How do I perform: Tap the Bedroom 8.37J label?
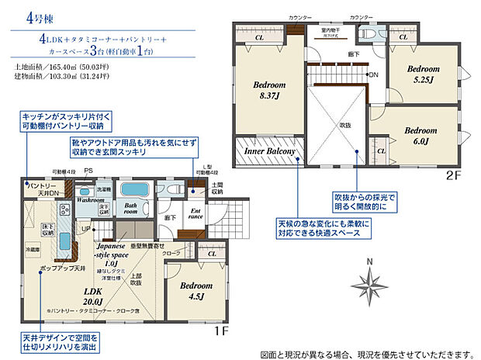coord(269,91)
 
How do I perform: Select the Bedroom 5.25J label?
coord(426,74)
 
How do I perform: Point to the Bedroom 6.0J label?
coord(421,136)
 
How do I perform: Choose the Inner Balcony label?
coord(269,152)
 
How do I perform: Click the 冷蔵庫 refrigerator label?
coord(31,251)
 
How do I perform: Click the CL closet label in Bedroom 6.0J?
coord(380,151)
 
